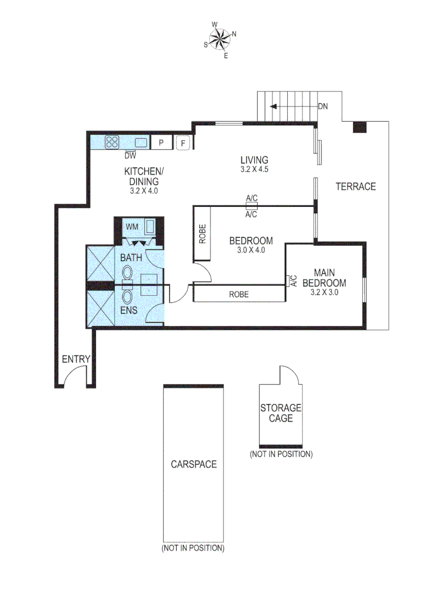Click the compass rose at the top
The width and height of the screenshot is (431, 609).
pos(219,39)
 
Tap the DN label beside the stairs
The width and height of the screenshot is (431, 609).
pos(323,106)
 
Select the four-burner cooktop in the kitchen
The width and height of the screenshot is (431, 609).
pos(112,143)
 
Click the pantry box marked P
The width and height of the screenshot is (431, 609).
pos(161,143)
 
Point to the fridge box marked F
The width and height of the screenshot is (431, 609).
pos(183,143)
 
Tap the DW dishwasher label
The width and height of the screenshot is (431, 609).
pos(130,155)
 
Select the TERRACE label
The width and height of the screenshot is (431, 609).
pos(355,187)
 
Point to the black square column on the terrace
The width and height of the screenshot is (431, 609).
pos(359,127)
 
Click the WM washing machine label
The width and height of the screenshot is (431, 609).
pos(131,227)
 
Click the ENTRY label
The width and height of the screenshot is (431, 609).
pos(76,359)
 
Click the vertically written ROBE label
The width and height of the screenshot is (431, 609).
pos(202,234)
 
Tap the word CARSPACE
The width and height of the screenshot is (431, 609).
pos(193,464)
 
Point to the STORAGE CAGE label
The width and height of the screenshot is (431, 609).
pos(280,413)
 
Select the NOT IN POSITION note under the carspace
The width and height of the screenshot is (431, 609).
pos(193,548)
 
